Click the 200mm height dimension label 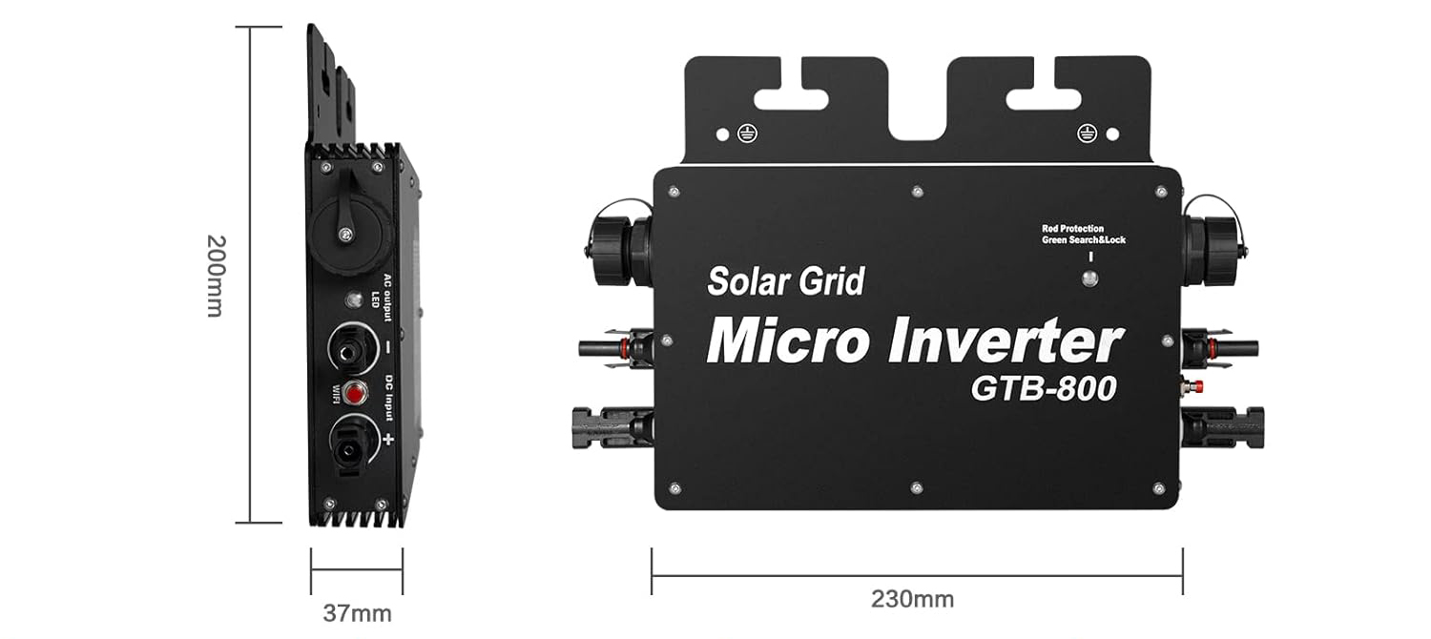tap(216, 276)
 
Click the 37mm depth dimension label tap(357, 613)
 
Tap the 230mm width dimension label tap(912, 600)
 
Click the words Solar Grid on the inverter tap(786, 281)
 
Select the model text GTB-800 tap(1044, 388)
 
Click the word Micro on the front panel tap(790, 340)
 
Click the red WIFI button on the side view tap(355, 393)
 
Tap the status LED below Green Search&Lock tap(1089, 278)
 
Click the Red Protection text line tap(1072, 229)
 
